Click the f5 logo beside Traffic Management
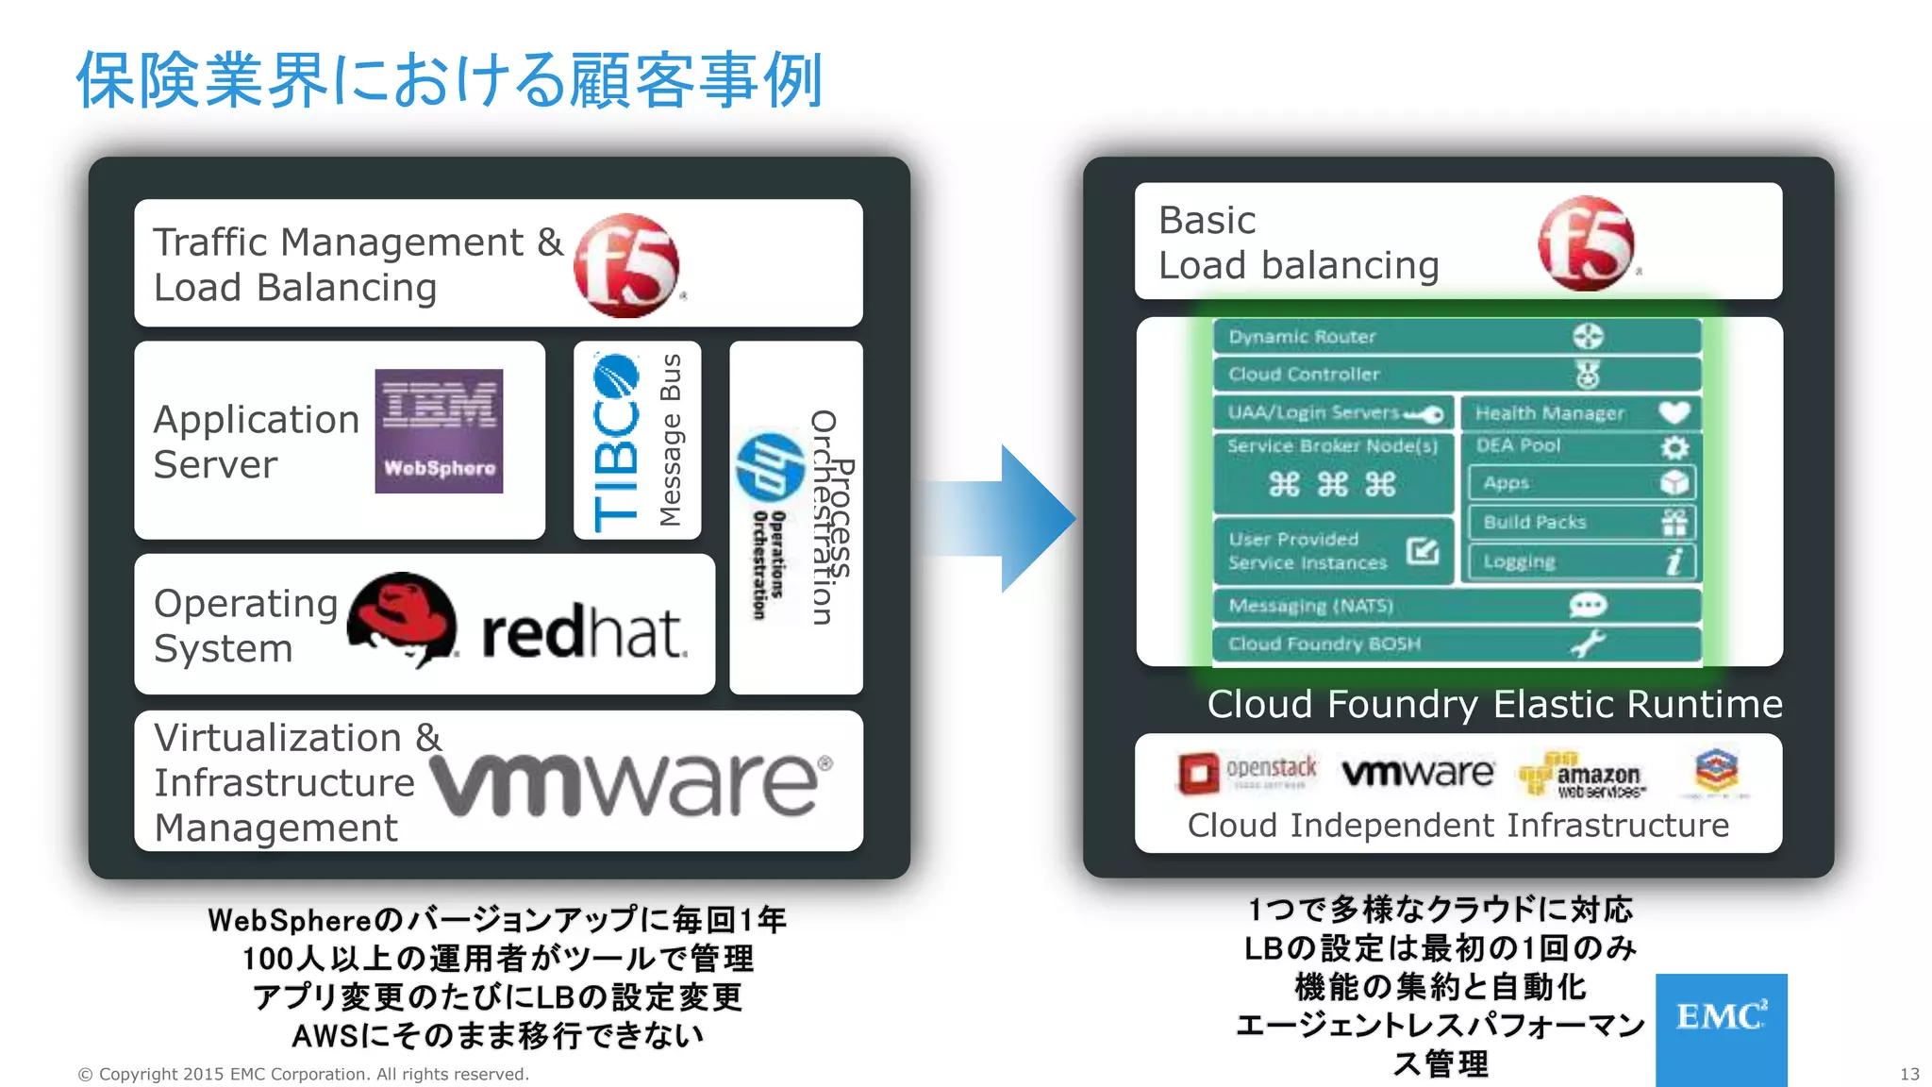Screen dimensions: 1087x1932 tap(625, 265)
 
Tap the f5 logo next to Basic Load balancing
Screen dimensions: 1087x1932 tap(1587, 243)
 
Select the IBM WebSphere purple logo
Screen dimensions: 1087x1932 tap(439, 431)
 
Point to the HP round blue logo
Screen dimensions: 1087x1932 tap(770, 466)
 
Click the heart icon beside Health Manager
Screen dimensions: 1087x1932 tap(1674, 412)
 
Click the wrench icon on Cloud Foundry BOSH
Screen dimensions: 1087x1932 tap(1587, 644)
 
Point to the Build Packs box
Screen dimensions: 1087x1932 tap(1581, 522)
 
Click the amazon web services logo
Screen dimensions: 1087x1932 tap(1581, 777)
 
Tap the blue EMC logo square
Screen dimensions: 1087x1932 tap(1720, 1028)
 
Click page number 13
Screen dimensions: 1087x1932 tap(1908, 1074)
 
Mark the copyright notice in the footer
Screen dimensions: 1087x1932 tap(303, 1074)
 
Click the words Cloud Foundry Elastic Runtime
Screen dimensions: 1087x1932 tap(1494, 705)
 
